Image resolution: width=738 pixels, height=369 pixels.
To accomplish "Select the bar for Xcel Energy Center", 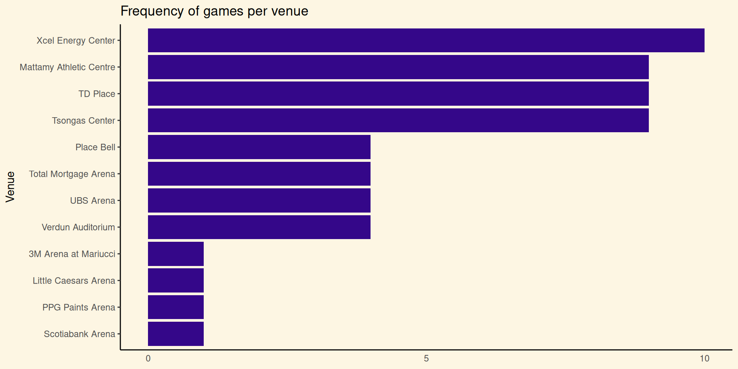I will pyautogui.click(x=426, y=40).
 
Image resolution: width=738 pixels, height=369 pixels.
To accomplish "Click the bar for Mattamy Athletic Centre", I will pyautogui.click(x=398, y=67).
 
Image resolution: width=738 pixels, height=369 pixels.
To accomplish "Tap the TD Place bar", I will pyautogui.click(x=398, y=94).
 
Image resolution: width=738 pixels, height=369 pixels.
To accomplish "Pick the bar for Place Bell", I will pyautogui.click(x=259, y=147).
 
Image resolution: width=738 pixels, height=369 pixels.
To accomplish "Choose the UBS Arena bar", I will pyautogui.click(x=259, y=200).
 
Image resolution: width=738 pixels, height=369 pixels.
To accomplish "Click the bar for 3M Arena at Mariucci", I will pyautogui.click(x=176, y=254).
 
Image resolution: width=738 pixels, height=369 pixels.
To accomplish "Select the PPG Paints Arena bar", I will pyautogui.click(x=176, y=307).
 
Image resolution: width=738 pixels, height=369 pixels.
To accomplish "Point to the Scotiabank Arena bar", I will pyautogui.click(x=176, y=334).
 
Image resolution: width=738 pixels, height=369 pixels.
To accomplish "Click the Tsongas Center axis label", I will pyautogui.click(x=83, y=121).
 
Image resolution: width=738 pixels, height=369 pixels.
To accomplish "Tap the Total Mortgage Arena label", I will pyautogui.click(x=72, y=174).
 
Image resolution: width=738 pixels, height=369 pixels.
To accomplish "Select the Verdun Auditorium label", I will pyautogui.click(x=78, y=227).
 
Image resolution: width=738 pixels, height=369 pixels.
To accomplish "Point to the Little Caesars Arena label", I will pyautogui.click(x=74, y=281).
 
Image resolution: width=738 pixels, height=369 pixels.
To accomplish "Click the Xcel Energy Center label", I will pyautogui.click(x=76, y=41).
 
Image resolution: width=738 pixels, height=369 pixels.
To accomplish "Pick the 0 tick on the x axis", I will pyautogui.click(x=148, y=359).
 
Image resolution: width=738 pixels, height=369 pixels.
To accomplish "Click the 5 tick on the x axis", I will pyautogui.click(x=426, y=359).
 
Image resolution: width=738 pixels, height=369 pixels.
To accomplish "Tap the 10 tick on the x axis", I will pyautogui.click(x=704, y=359).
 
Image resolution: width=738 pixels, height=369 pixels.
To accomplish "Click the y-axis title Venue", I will pyautogui.click(x=10, y=187).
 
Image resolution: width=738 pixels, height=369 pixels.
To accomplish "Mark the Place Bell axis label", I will pyautogui.click(x=95, y=147).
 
